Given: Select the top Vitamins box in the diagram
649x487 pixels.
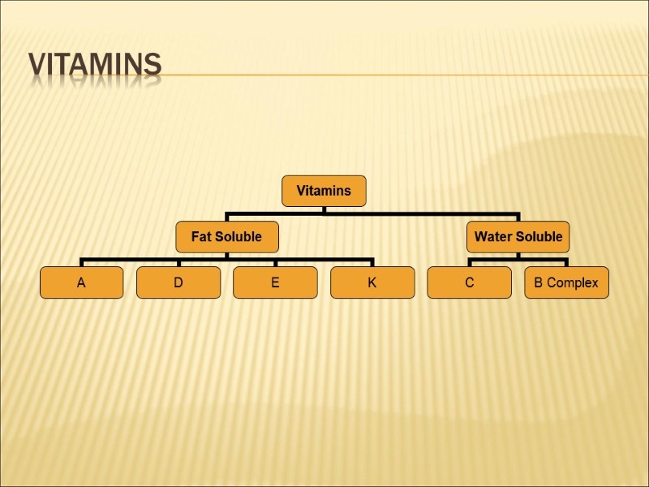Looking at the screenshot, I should (324, 191).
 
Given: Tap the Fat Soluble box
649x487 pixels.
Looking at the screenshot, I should (226, 237).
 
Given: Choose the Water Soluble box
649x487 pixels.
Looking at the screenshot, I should (518, 237).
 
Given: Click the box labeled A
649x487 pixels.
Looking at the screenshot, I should (81, 282).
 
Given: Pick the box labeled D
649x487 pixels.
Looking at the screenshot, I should (178, 282).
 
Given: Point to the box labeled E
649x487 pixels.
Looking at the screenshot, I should (275, 282).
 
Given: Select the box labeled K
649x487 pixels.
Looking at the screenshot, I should (372, 282).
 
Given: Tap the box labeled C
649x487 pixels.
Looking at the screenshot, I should (469, 282).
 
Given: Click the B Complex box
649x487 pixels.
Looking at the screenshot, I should (566, 282).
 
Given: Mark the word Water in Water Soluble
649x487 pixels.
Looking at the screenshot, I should (492, 237).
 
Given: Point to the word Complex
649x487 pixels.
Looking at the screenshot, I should (573, 282).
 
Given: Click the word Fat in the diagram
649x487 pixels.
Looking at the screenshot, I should (200, 237).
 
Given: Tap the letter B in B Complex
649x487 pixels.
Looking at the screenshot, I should (538, 282).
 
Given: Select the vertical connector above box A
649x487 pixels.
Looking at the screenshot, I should (81, 262).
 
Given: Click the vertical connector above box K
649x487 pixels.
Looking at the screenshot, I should (372, 262).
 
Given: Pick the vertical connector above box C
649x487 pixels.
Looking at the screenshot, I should (469, 262).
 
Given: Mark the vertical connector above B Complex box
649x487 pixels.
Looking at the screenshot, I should (566, 262).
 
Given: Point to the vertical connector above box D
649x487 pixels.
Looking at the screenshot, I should (178, 262).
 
